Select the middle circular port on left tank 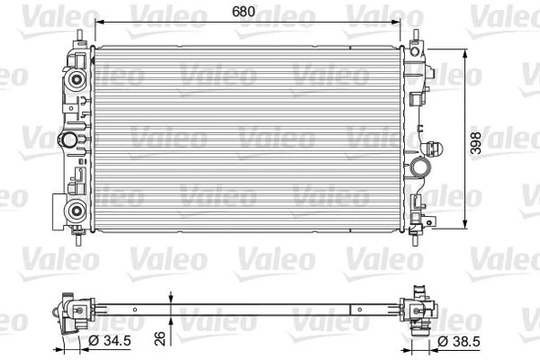[x=67, y=140]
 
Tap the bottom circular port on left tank [x=74, y=211]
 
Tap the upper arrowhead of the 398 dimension [x=467, y=54]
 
